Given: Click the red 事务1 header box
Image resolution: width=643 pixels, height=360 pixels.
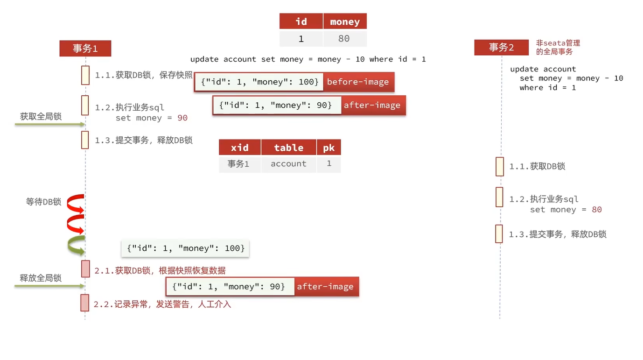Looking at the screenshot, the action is pyautogui.click(x=85, y=48).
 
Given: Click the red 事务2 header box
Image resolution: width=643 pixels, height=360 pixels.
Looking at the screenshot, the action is pyautogui.click(x=502, y=47).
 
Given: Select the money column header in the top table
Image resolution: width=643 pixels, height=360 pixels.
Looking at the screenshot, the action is pyautogui.click(x=345, y=22).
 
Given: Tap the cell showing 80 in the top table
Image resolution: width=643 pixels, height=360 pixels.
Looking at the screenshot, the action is pyautogui.click(x=344, y=39).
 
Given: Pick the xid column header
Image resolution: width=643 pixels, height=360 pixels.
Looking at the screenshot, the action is pyautogui.click(x=240, y=148).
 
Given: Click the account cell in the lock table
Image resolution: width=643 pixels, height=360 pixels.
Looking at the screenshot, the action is pyautogui.click(x=288, y=164).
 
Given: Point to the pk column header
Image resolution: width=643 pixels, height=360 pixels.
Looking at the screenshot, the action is pyautogui.click(x=329, y=148).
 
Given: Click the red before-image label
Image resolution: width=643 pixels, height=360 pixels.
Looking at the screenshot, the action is pyautogui.click(x=358, y=82).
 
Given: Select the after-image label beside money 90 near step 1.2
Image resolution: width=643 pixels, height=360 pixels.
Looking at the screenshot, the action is pyautogui.click(x=372, y=105).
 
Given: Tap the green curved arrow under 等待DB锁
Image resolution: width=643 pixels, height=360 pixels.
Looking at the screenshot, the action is pyautogui.click(x=76, y=245).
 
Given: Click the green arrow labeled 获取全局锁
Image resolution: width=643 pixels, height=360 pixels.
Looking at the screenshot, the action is pyautogui.click(x=49, y=124).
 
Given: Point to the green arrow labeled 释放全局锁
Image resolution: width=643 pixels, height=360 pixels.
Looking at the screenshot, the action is pyautogui.click(x=49, y=286).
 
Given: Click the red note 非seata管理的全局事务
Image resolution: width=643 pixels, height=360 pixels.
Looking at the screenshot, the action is pyautogui.click(x=558, y=47).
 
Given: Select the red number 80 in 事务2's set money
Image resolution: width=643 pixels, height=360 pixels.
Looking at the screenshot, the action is pyautogui.click(x=597, y=210).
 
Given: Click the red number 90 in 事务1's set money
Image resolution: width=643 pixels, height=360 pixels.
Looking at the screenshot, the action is pyautogui.click(x=182, y=118).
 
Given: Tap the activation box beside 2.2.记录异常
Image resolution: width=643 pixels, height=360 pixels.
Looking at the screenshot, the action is pyautogui.click(x=85, y=303).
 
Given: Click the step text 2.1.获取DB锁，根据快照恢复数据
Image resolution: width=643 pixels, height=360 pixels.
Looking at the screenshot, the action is pyautogui.click(x=160, y=270).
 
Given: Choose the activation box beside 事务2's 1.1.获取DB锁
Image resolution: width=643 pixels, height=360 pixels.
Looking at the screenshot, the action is pyautogui.click(x=500, y=166).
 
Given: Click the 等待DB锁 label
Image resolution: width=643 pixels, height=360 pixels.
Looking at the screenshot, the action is pyautogui.click(x=43, y=202).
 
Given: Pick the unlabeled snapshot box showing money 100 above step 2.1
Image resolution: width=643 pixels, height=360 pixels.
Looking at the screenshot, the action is pyautogui.click(x=186, y=248).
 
